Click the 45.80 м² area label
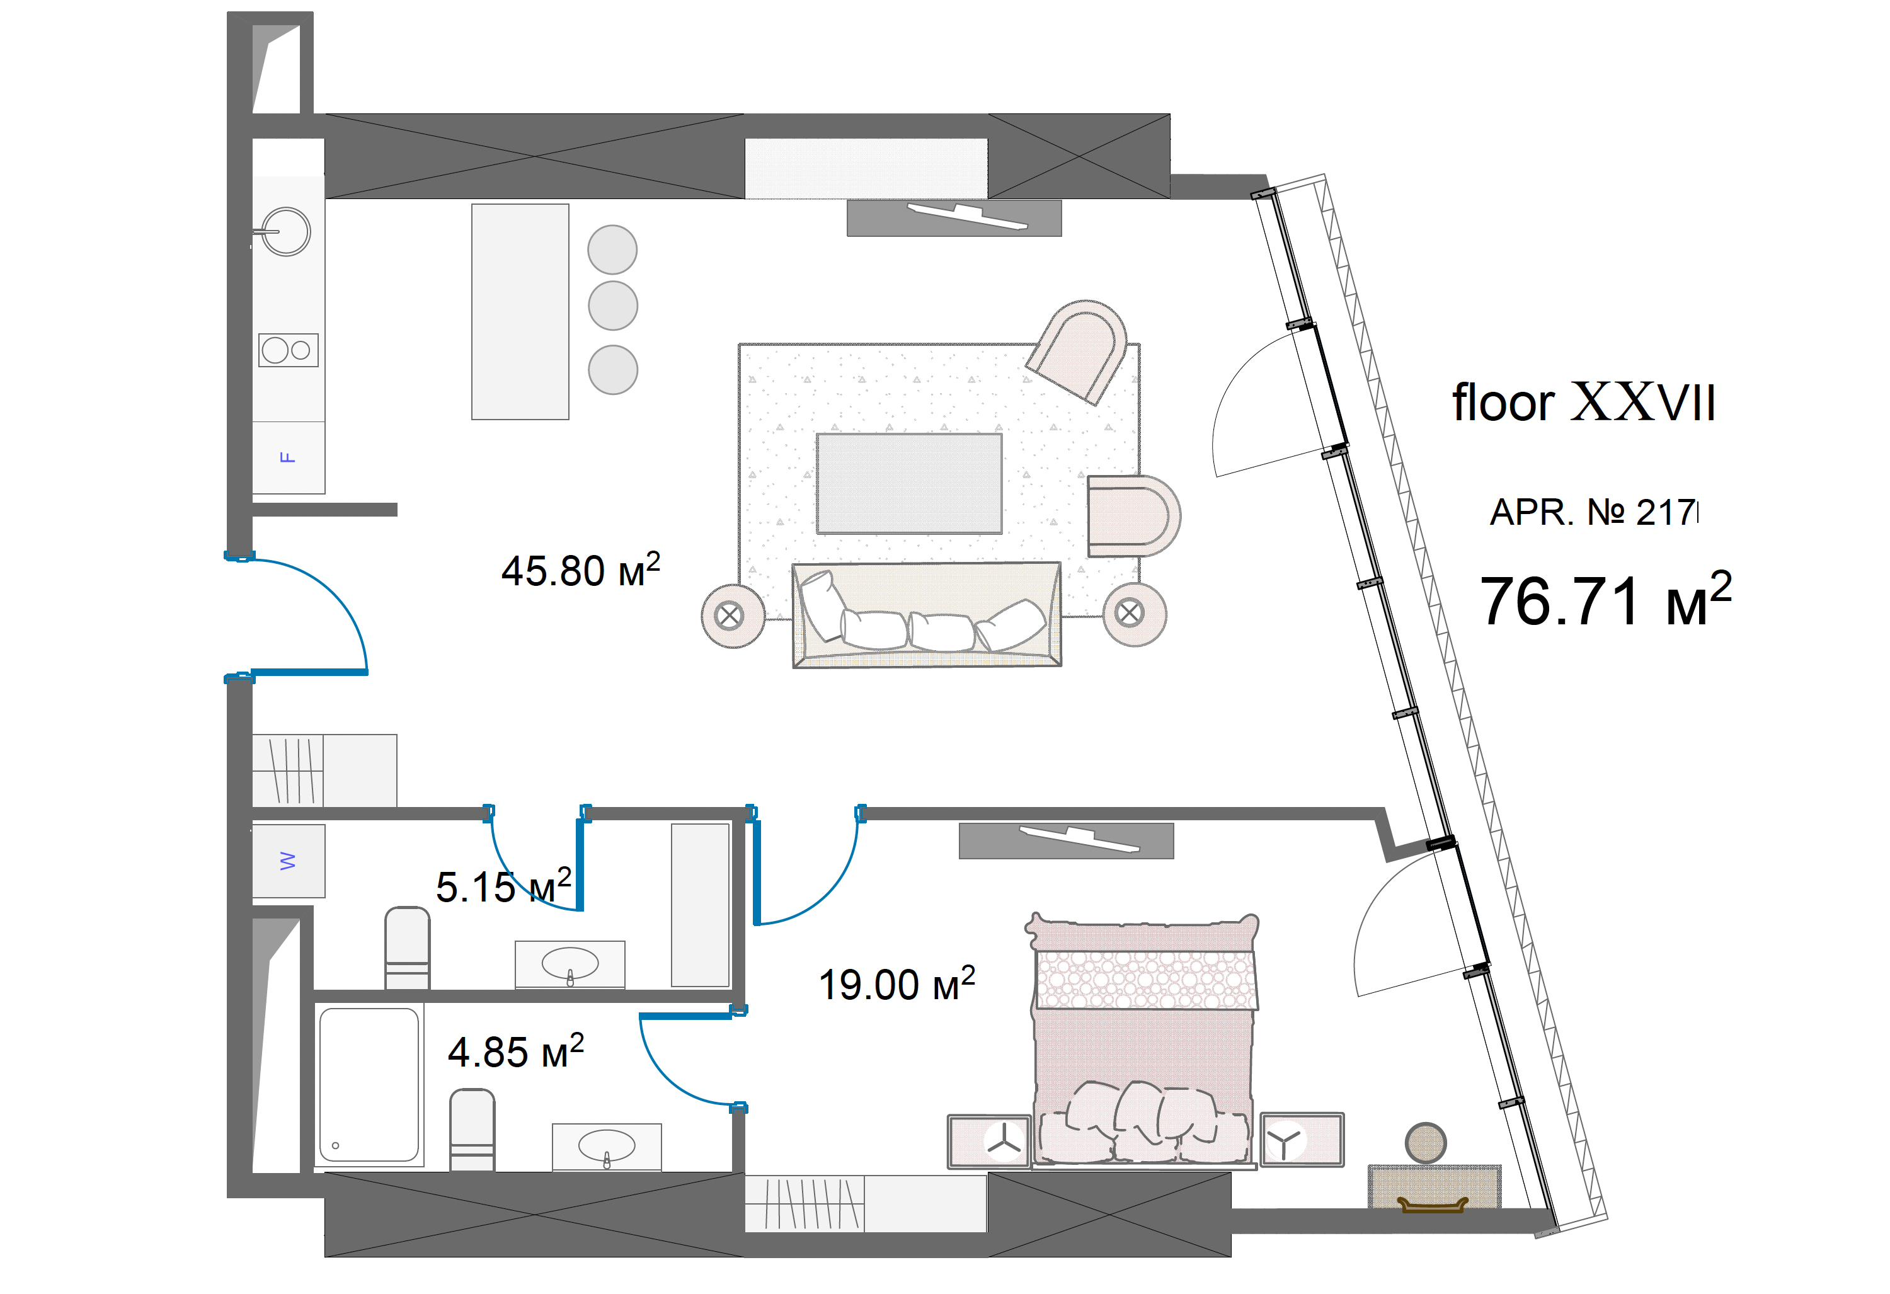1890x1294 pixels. tap(581, 570)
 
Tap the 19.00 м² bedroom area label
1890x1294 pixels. tap(897, 983)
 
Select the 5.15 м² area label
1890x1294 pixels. tap(503, 886)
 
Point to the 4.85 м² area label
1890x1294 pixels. tap(515, 1051)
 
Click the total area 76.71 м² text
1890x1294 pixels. tap(1605, 600)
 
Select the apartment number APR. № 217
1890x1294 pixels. tap(1594, 512)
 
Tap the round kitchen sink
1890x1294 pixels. tap(285, 232)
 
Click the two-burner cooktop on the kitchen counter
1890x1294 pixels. tap(289, 350)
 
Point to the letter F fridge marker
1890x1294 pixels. tap(287, 457)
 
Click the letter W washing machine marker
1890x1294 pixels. tap(288, 861)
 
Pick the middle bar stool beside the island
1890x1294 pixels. tap(612, 306)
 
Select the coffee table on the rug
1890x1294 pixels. tap(909, 484)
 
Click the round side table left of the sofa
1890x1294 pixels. tap(733, 616)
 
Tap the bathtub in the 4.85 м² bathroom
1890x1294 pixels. tap(369, 1085)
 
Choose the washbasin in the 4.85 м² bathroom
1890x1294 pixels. tap(607, 1147)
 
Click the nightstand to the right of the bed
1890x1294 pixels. tap(1302, 1140)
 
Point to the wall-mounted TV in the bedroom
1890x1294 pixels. tap(1066, 841)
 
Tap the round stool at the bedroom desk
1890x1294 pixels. tap(1426, 1143)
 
